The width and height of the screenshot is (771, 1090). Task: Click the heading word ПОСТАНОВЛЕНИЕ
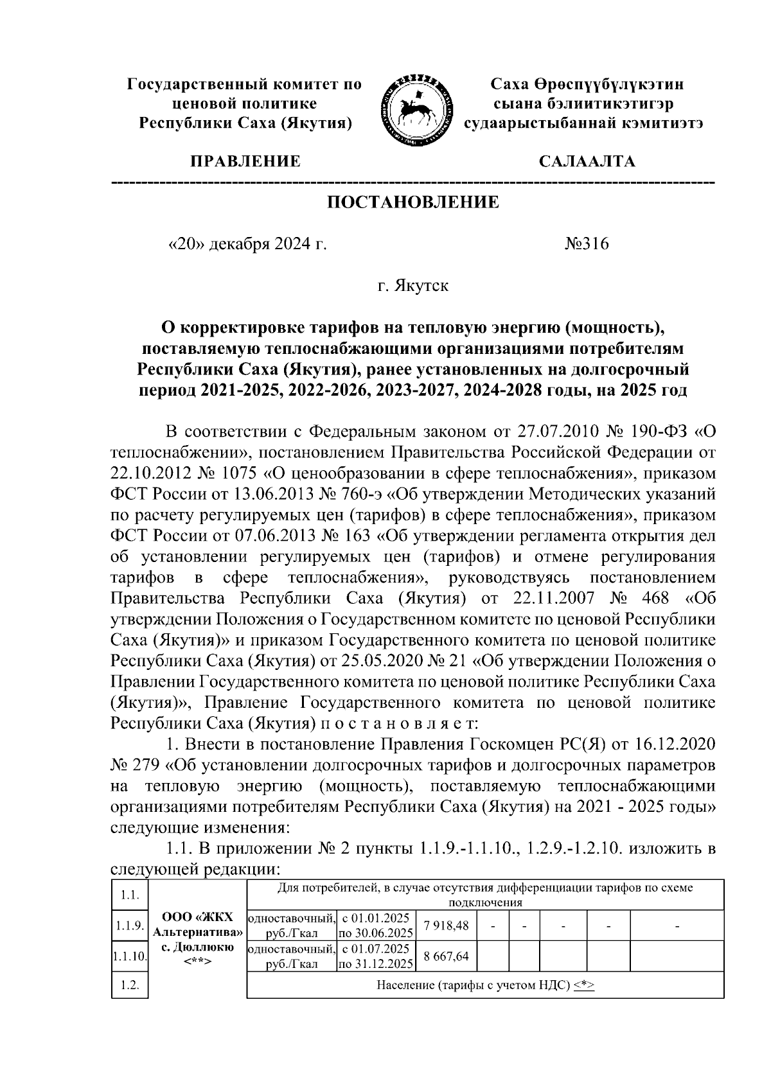click(x=413, y=203)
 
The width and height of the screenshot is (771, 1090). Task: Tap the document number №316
click(x=586, y=245)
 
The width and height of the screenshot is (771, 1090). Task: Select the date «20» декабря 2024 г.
click(x=247, y=245)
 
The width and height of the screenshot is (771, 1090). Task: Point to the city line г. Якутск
click(x=413, y=286)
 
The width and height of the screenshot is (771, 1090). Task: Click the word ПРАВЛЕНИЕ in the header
click(x=244, y=161)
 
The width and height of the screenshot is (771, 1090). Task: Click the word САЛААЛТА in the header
click(x=586, y=161)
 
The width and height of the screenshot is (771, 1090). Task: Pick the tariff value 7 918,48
click(x=446, y=924)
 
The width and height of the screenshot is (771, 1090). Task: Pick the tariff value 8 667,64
click(x=446, y=956)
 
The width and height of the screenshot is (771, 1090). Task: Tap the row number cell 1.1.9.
click(x=130, y=926)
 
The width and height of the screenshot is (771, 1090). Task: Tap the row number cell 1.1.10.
click(x=130, y=956)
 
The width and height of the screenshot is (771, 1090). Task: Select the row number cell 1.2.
click(x=130, y=985)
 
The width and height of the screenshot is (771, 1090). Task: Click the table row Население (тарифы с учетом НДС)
click(x=485, y=985)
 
